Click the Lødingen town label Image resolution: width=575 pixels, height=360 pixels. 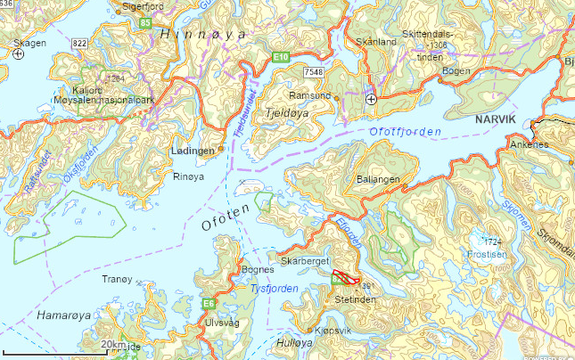192,151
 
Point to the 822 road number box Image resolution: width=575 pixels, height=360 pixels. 80,42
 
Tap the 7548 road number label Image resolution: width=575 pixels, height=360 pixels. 313,71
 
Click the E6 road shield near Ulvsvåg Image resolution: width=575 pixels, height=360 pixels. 209,302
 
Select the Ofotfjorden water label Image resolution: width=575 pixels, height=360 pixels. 405,133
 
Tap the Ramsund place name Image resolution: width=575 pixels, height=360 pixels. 309,94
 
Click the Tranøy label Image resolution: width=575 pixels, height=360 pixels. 117,280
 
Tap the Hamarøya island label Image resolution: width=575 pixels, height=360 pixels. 63,315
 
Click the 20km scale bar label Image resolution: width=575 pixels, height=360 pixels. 112,344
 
